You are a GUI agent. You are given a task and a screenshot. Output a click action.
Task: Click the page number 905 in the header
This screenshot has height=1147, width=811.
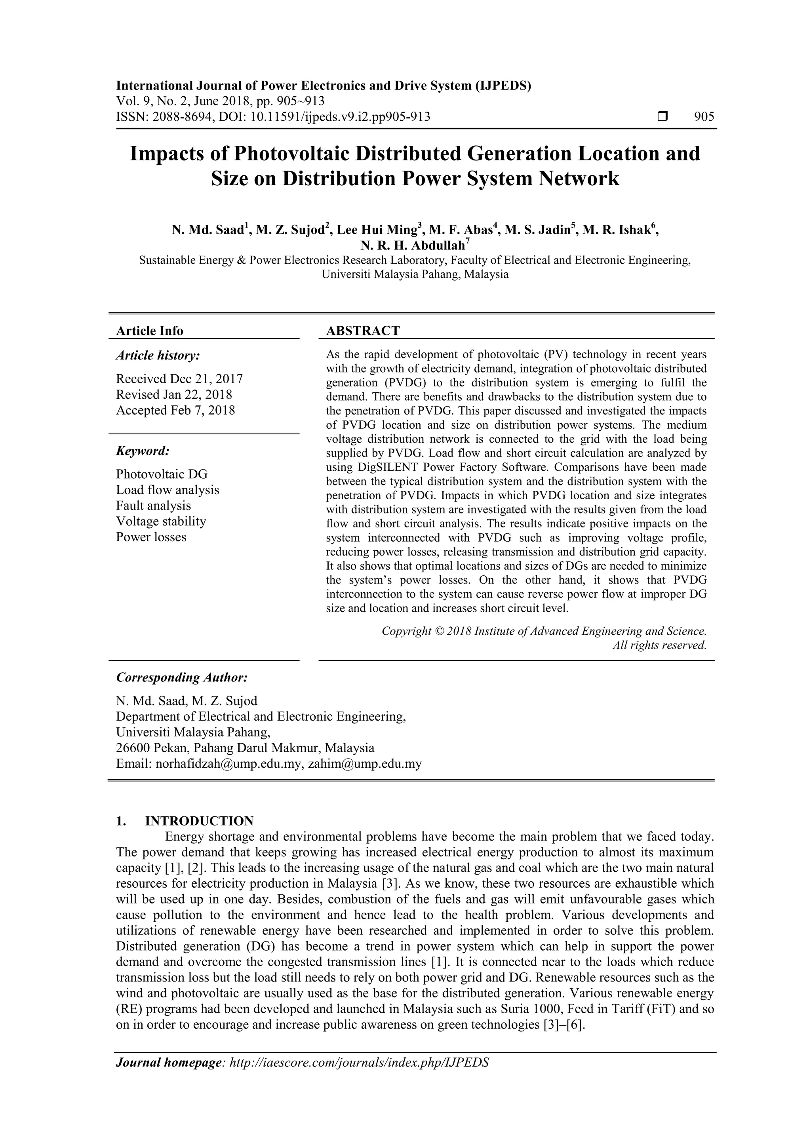704,117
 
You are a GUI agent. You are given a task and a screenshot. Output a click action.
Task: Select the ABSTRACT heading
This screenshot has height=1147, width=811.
363,331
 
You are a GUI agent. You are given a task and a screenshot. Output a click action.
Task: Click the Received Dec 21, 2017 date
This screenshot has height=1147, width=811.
179,379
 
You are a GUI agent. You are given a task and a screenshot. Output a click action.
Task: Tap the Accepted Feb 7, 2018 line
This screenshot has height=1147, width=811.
175,410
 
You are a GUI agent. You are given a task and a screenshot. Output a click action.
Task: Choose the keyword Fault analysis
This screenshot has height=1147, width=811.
153,506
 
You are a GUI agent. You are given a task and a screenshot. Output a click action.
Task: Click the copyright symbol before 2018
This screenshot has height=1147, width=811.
439,631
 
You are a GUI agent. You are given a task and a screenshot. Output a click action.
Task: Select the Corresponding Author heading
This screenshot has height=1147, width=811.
182,678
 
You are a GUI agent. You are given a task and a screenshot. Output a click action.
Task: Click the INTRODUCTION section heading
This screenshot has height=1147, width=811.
199,821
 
